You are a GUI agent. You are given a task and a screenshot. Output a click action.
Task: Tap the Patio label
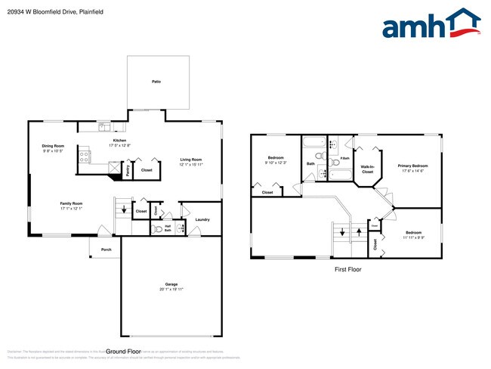pos(156,81)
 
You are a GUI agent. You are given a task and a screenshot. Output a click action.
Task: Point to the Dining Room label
pos(53,146)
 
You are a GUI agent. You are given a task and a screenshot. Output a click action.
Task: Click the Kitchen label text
pos(119,141)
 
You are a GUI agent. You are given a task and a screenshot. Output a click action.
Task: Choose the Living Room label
pos(190,160)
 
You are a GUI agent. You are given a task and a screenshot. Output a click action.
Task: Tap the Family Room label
pos(72,203)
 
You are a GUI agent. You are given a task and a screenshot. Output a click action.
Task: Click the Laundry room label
pos(202,219)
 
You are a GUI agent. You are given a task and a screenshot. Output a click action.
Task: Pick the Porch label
pos(107,250)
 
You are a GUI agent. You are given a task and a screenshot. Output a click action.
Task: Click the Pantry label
pos(128,171)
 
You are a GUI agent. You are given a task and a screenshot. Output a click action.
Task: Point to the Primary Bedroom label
pos(413,166)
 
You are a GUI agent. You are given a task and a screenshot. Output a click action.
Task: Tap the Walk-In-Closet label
pos(367,169)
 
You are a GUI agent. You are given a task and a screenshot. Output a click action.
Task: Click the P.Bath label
pos(344,158)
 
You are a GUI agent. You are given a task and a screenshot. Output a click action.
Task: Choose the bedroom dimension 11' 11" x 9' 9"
pos(413,237)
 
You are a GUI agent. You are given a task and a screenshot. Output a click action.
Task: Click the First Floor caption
pos(348,269)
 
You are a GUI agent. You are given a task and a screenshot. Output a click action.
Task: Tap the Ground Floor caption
pos(124,352)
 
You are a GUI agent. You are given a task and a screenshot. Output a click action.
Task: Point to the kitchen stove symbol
pos(85,157)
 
